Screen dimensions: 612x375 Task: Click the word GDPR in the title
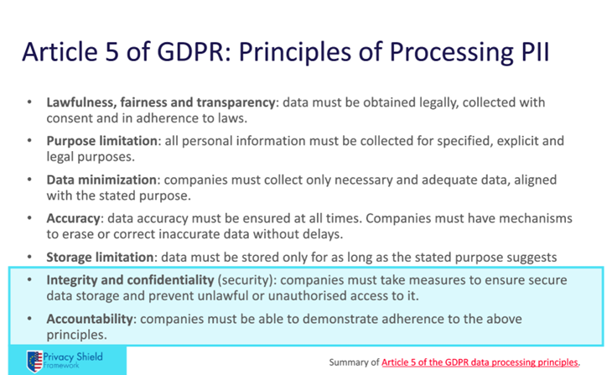click(x=191, y=51)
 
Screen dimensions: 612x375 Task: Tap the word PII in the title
click(x=536, y=51)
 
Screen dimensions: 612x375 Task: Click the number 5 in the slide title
click(x=112, y=51)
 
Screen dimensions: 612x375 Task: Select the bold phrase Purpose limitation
click(x=102, y=141)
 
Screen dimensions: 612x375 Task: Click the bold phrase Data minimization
click(x=101, y=180)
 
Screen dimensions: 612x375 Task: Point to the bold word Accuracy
click(x=74, y=218)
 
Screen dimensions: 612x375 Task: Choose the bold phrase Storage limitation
click(x=100, y=257)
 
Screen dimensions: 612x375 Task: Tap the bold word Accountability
click(x=90, y=319)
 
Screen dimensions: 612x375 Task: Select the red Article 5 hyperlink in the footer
click(x=480, y=362)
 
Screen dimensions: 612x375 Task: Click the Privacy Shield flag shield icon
click(x=34, y=361)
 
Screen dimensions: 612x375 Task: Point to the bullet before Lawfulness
click(x=29, y=102)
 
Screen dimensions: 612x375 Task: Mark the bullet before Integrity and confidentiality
click(x=29, y=280)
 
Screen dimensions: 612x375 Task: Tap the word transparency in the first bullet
click(x=236, y=102)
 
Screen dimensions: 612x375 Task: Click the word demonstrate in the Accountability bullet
click(x=340, y=319)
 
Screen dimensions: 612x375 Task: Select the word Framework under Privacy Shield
click(x=61, y=366)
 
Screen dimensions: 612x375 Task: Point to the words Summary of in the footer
click(x=354, y=362)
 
